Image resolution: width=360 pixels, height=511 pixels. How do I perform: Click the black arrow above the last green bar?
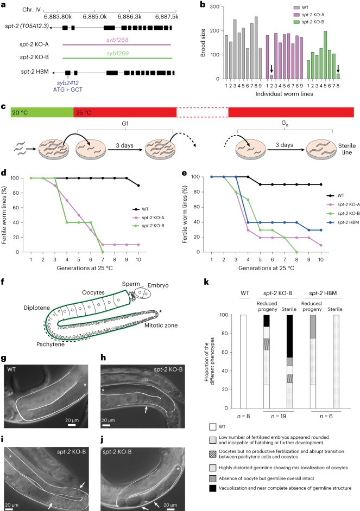pyautogui.click(x=338, y=68)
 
